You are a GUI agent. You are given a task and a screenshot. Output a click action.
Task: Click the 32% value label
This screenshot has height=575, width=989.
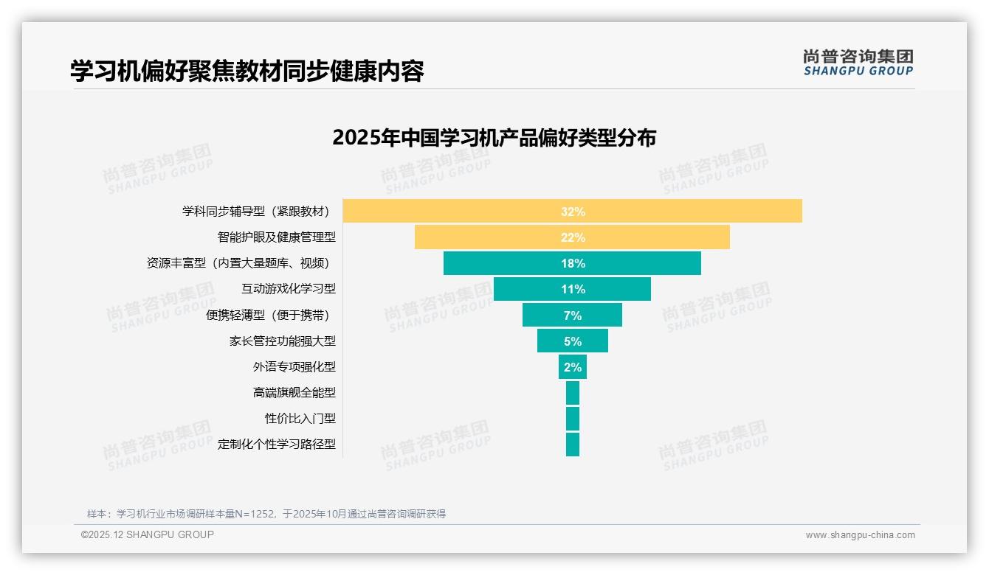pyautogui.click(x=573, y=212)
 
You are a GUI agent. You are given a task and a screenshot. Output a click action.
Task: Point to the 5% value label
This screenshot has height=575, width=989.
pyautogui.click(x=573, y=341)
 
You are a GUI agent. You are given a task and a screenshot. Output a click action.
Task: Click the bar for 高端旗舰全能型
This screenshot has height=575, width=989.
pyautogui.click(x=573, y=393)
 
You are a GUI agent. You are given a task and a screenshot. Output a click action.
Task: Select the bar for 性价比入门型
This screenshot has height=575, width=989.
pyautogui.click(x=573, y=419)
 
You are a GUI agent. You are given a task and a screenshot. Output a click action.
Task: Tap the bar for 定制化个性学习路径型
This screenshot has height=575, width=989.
pyautogui.click(x=573, y=445)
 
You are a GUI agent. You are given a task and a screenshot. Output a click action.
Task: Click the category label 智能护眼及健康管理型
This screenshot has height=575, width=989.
pyautogui.click(x=276, y=237)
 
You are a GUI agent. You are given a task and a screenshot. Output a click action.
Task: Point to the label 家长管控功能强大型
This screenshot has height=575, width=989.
pyautogui.click(x=282, y=341)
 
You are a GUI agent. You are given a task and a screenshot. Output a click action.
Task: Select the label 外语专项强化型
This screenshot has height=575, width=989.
pyautogui.click(x=294, y=367)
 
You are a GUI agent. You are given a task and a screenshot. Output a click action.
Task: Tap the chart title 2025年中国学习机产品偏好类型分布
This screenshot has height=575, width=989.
pyautogui.click(x=494, y=138)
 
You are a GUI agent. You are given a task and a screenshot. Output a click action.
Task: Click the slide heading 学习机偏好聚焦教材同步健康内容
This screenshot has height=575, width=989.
pyautogui.click(x=247, y=71)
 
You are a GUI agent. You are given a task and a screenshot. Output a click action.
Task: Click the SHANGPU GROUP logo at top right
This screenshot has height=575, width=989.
pyautogui.click(x=858, y=63)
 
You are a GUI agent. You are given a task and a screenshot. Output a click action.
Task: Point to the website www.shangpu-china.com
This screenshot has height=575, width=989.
pyautogui.click(x=860, y=535)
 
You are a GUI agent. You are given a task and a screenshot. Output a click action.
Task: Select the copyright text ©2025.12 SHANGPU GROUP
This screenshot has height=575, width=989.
pyautogui.click(x=148, y=535)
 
